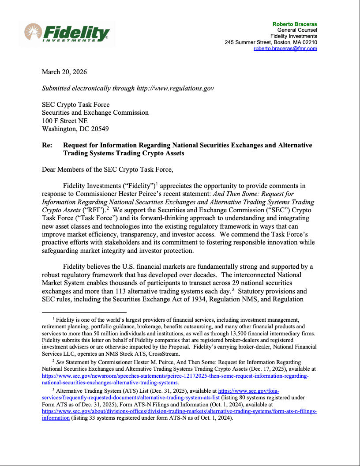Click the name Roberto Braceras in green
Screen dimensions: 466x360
coord(295,24)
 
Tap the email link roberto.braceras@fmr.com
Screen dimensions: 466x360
coord(285,49)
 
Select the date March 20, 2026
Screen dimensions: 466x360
coord(64,72)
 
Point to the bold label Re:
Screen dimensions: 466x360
coord(47,145)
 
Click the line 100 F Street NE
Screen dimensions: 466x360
coord(64,121)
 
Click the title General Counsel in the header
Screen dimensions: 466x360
coord(297,30)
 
